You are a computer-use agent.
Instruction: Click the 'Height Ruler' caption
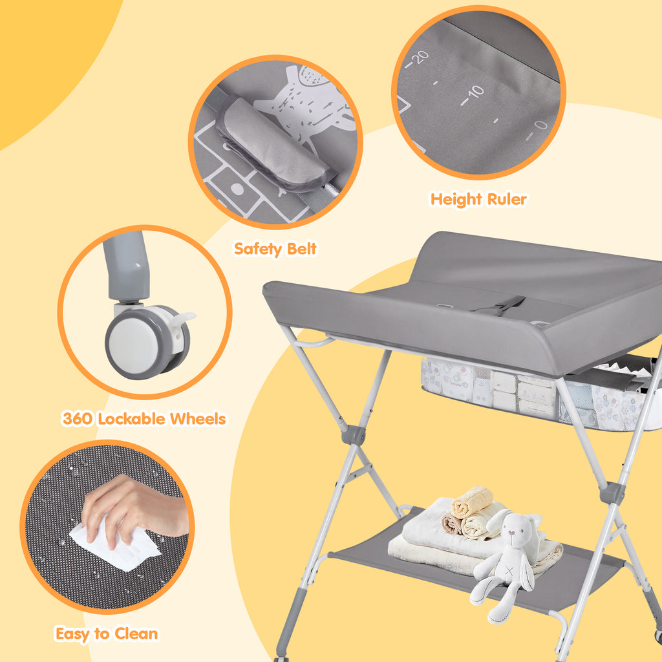click(x=478, y=199)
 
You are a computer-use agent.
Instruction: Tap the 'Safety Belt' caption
click(x=275, y=249)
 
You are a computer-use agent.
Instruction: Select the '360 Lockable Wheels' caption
click(x=144, y=419)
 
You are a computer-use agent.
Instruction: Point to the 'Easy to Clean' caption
click(x=107, y=634)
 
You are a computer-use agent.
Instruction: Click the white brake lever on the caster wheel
click(x=185, y=318)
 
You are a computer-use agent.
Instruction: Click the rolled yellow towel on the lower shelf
click(x=472, y=502)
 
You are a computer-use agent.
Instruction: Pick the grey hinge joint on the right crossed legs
click(x=612, y=493)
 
